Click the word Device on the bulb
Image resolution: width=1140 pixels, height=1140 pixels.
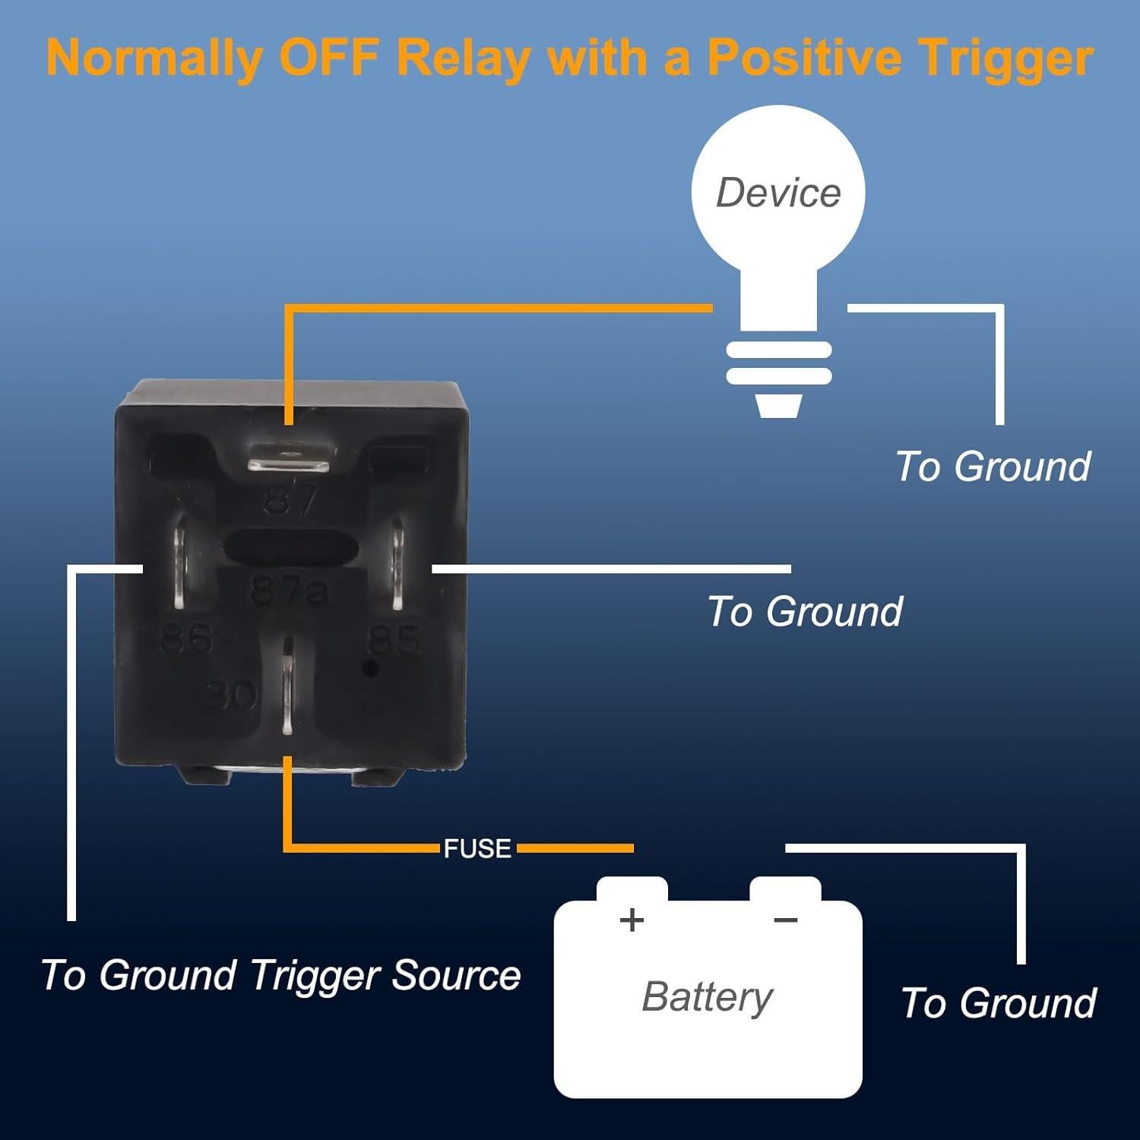point(778,192)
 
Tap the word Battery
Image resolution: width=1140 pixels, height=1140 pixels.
point(707,996)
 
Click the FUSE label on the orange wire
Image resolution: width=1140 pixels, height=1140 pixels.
point(477,848)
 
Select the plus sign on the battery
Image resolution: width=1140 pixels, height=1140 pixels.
point(632,920)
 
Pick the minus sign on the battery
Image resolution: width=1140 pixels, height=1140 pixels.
point(785,920)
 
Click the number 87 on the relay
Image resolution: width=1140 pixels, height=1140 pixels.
point(290,502)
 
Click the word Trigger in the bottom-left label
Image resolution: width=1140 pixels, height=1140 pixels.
point(319,975)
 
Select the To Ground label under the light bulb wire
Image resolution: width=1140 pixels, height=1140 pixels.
point(993,466)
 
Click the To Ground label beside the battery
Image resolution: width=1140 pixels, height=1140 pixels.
point(999,1003)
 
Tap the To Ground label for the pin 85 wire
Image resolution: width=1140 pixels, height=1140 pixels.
point(804,612)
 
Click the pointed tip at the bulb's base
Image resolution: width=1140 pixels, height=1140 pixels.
point(779,407)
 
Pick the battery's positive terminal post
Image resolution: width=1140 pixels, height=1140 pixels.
point(632,889)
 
